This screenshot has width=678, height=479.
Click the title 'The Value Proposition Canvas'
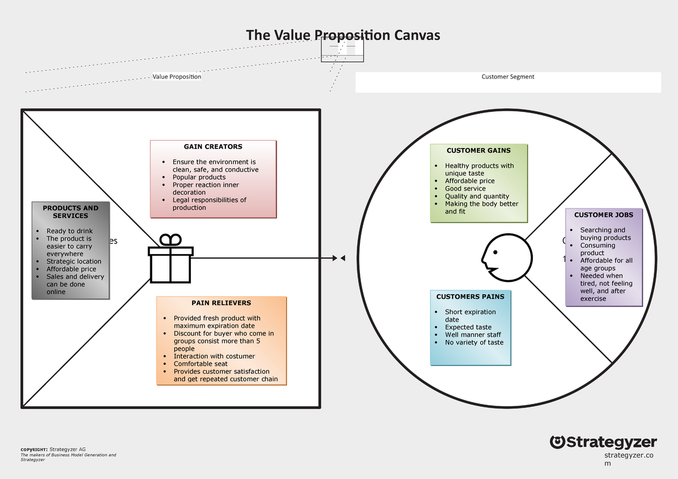click(342, 36)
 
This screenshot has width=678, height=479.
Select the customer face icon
click(506, 257)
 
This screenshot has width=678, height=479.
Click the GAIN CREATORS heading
click(213, 147)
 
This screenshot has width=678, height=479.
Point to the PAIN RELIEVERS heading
click(221, 303)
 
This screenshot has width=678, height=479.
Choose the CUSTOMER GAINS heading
click(478, 151)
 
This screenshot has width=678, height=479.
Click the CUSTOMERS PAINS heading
click(470, 297)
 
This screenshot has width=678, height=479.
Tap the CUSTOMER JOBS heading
click(603, 215)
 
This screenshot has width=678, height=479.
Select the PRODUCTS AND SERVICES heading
click(71, 212)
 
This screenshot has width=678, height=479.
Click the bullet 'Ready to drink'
click(69, 231)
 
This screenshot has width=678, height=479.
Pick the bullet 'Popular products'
click(199, 177)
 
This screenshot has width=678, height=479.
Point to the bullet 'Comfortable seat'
click(201, 364)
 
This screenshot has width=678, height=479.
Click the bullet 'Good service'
click(465, 189)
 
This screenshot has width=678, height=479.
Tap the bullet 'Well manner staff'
click(472, 335)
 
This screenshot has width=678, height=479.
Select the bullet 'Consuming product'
click(597, 249)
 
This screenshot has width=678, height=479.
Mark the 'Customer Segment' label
click(507, 77)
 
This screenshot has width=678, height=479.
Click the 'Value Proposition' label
click(177, 77)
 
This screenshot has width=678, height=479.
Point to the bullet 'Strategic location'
click(74, 262)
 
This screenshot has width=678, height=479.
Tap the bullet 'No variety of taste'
click(474, 342)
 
